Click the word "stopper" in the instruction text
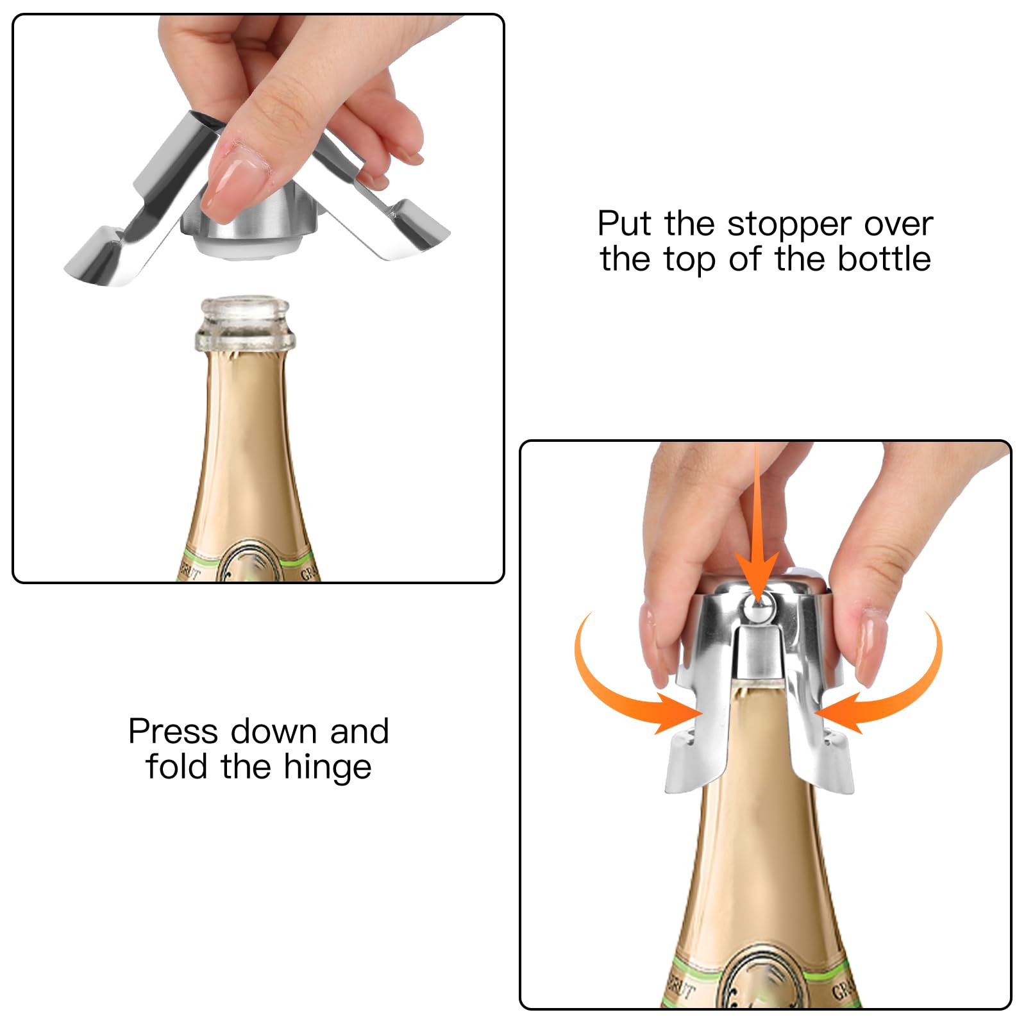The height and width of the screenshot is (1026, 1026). (x=790, y=225)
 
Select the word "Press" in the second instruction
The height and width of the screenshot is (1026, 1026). (x=172, y=732)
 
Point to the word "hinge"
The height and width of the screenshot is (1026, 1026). (x=328, y=768)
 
